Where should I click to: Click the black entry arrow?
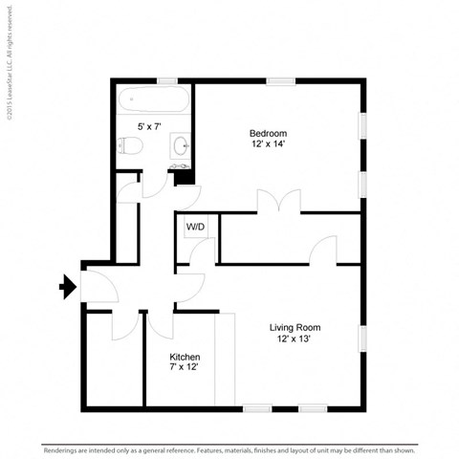(68, 286)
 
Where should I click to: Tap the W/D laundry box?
(195, 228)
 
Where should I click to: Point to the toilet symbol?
(131, 145)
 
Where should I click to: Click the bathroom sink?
(180, 146)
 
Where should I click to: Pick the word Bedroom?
(268, 133)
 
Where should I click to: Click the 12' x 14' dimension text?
(268, 144)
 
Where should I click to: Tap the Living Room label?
(293, 326)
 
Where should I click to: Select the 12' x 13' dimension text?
(293, 339)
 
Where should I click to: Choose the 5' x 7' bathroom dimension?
(149, 126)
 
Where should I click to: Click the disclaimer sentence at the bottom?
(229, 449)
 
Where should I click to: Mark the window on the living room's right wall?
(362, 340)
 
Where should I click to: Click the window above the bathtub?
(167, 80)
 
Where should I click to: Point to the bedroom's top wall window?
(280, 80)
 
